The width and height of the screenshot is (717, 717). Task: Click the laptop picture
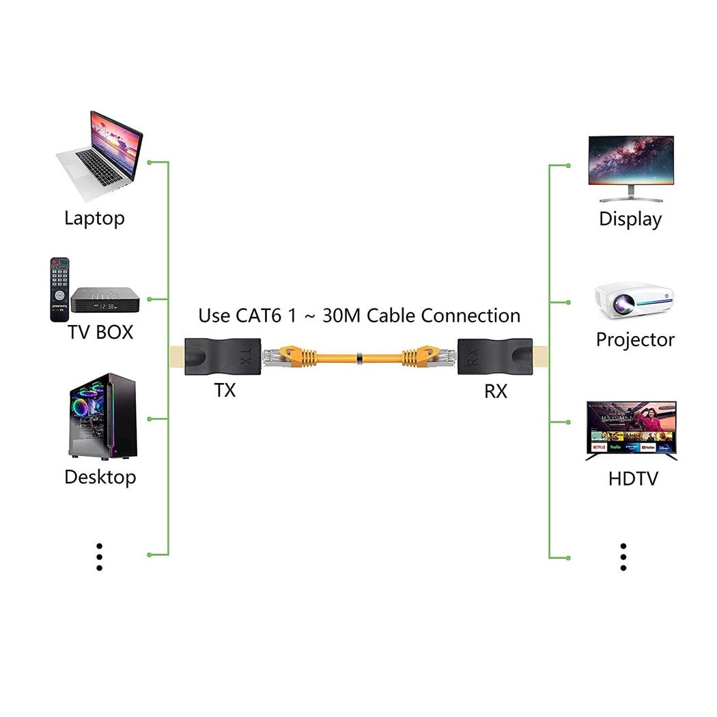[x=101, y=156]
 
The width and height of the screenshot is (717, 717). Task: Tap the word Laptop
[x=94, y=219]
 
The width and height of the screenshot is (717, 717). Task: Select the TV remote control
[x=59, y=289]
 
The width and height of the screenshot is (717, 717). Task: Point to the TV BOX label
[x=100, y=333]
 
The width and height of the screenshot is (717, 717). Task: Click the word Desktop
[x=100, y=477]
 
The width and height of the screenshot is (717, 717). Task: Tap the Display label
[x=630, y=219]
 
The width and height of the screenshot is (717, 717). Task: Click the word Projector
[x=635, y=339]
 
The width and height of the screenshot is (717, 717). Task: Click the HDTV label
[x=633, y=478]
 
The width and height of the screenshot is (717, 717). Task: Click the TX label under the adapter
[x=225, y=391]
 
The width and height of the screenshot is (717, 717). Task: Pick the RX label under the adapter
[x=496, y=392]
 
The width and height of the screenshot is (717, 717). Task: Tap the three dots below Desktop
[x=99, y=557]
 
